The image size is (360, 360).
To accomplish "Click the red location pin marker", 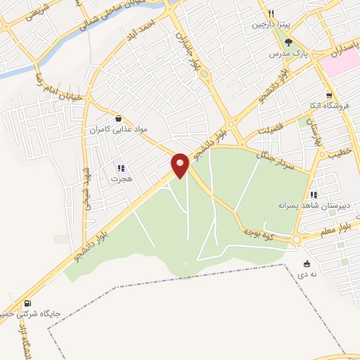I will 181,165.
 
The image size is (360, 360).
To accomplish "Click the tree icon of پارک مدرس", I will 288,41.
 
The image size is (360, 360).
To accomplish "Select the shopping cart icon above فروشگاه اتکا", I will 328,95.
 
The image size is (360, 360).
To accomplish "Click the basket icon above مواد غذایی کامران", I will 117,119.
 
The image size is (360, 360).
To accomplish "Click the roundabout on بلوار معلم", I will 297,240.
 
